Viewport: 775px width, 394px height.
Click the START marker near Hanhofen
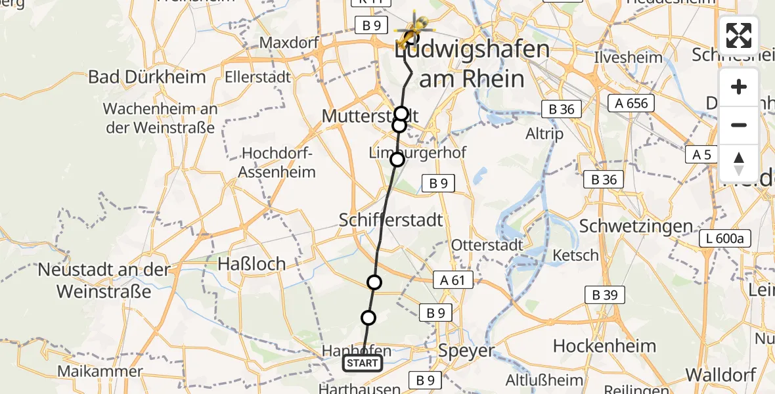click(x=362, y=363)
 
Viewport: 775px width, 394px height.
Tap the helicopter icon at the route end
click(x=414, y=30)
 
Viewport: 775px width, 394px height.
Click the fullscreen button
click(x=739, y=35)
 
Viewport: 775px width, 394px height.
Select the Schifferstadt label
click(x=391, y=219)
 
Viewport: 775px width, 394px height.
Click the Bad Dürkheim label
click(x=146, y=77)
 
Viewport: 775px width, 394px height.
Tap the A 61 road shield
click(x=452, y=280)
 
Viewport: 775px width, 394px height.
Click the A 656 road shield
click(x=632, y=103)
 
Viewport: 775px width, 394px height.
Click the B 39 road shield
click(x=604, y=295)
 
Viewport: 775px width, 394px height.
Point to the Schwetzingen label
click(x=636, y=227)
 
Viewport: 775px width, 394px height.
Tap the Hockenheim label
click(x=604, y=346)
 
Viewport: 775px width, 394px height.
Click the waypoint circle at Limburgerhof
click(x=397, y=159)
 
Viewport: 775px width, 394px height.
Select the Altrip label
click(x=544, y=133)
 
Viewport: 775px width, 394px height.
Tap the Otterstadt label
click(x=487, y=245)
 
